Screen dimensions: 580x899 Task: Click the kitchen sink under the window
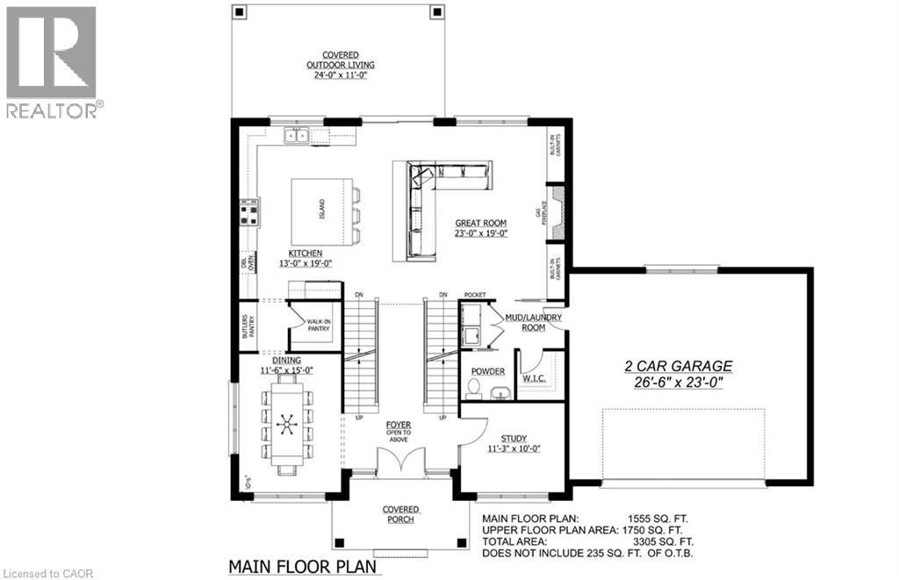pyautogui.click(x=295, y=135)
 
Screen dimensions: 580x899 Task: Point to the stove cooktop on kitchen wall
pyautogui.click(x=248, y=211)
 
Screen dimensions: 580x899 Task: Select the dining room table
pyautogui.click(x=287, y=425)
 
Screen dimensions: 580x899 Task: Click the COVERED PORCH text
pyautogui.click(x=400, y=514)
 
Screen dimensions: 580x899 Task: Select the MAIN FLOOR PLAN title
pyautogui.click(x=303, y=567)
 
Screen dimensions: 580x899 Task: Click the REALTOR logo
pyautogui.click(x=53, y=61)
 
